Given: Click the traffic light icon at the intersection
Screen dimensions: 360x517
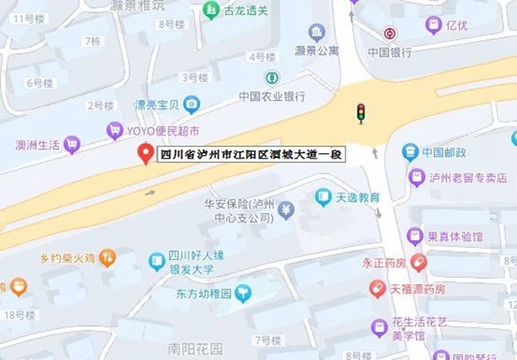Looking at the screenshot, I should (x=360, y=112).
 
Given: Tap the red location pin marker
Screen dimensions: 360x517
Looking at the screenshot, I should (x=145, y=153).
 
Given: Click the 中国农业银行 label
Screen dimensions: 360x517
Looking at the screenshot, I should (x=271, y=96).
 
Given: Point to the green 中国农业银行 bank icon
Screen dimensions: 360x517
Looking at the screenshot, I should (x=272, y=78).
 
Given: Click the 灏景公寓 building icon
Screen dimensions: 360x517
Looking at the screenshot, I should (x=316, y=32).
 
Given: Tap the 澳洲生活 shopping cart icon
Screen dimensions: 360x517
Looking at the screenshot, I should (x=72, y=144).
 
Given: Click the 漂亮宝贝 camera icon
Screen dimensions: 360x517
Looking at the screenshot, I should (x=191, y=104).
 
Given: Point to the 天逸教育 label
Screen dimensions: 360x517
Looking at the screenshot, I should (x=359, y=197).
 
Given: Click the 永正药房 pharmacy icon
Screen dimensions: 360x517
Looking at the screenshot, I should (x=418, y=262).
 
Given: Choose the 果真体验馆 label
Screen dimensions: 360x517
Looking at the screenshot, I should (x=455, y=237).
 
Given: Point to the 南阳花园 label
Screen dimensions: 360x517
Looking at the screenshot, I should (x=195, y=350).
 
